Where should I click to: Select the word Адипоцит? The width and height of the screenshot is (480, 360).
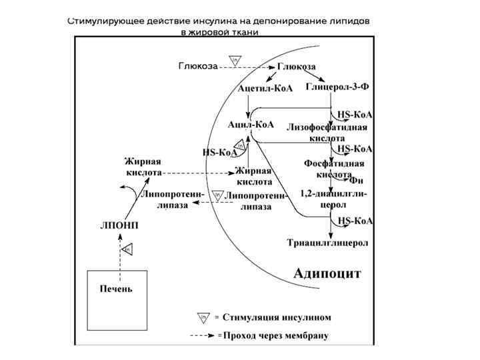pos(327,273)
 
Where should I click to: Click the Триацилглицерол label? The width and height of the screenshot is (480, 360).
pos(327,243)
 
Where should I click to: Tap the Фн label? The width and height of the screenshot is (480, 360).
pos(356,180)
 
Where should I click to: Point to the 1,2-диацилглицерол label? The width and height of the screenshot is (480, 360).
pos(333,199)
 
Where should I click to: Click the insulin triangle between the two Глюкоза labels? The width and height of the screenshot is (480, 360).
pos(235,59)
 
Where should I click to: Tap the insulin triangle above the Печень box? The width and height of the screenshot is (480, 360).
pos(129,249)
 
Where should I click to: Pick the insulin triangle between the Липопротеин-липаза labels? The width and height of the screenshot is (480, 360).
pos(217,196)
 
